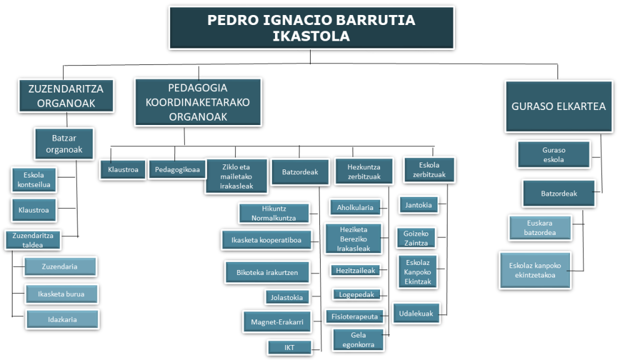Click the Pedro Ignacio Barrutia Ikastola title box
(311, 27)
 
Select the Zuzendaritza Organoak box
(66, 96)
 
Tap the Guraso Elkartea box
(559, 106)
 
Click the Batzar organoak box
(64, 144)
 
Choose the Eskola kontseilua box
(34, 179)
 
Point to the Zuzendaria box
(60, 266)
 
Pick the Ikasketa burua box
(62, 294)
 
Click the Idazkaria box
(62, 319)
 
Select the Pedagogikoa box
(177, 169)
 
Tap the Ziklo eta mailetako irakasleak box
(237, 176)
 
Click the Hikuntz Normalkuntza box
(274, 213)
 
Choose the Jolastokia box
(287, 297)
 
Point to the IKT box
(289, 347)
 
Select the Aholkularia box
(355, 207)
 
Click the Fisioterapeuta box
(355, 316)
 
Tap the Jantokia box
(418, 205)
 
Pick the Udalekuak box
(416, 314)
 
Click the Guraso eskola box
(554, 155)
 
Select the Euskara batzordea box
(540, 227)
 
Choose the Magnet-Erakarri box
(277, 322)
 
